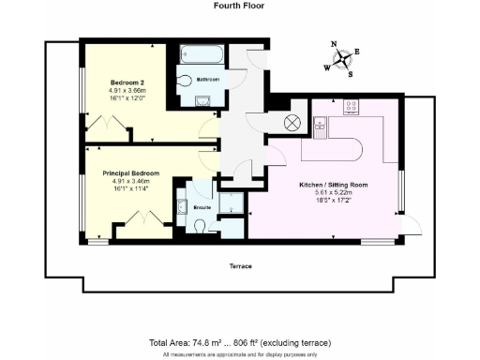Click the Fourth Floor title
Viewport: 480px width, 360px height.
(x=239, y=6)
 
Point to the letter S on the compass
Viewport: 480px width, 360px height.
(x=350, y=74)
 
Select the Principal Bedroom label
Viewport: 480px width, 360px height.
(x=130, y=173)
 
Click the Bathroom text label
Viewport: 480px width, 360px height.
(x=207, y=80)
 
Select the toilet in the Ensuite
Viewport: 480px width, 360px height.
(x=202, y=224)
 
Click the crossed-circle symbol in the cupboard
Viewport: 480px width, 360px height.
(x=291, y=122)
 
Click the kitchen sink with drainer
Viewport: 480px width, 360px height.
(x=320, y=126)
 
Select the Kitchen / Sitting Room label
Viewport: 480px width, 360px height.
(x=333, y=186)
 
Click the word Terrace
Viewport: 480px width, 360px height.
(x=240, y=266)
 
